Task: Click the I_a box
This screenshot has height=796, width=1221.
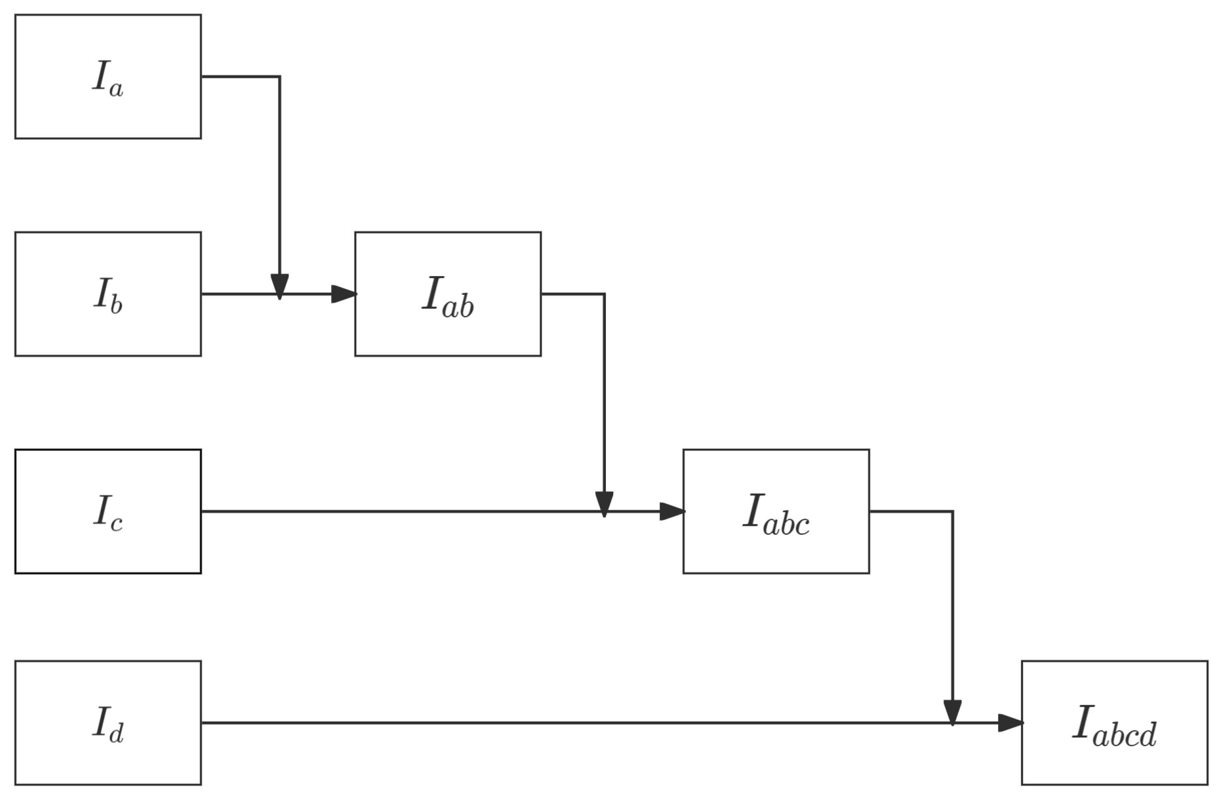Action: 108,76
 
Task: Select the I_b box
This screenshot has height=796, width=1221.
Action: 108,294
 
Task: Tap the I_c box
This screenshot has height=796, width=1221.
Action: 108,511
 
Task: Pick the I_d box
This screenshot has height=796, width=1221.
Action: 108,723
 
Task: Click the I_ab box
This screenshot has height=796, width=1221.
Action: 448,294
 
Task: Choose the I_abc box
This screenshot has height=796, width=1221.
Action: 776,511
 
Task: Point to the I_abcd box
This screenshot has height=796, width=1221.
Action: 1115,723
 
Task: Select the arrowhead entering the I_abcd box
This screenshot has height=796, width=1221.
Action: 1010,723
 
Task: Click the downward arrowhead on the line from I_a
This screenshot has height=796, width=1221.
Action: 279,286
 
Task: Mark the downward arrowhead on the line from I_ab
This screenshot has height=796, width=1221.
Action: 604,504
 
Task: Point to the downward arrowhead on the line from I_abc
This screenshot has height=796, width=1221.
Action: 953,712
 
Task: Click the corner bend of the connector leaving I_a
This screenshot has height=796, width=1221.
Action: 279,76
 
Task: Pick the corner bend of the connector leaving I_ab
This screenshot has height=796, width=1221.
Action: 604,294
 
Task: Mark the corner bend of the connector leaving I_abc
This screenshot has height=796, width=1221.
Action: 953,511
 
